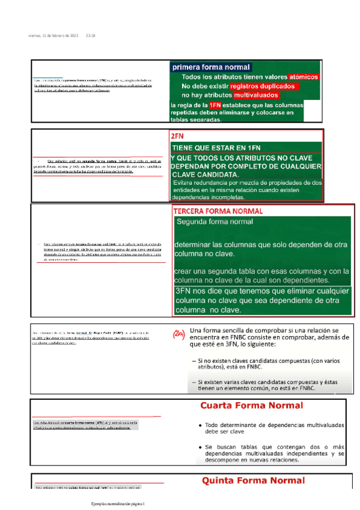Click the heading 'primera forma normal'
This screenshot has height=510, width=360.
(x=210, y=67)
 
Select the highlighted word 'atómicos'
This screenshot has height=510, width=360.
(x=303, y=77)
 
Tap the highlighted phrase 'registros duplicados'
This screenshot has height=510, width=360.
(x=261, y=86)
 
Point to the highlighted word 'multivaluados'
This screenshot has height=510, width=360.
(x=256, y=95)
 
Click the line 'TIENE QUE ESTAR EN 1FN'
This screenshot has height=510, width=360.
(x=216, y=147)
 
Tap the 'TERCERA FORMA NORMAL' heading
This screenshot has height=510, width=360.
(x=218, y=212)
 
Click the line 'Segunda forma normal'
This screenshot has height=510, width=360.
(x=215, y=221)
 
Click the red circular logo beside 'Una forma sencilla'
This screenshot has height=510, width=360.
(x=177, y=334)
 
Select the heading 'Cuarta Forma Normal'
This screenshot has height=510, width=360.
(x=251, y=405)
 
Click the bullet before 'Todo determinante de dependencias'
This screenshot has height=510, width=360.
(x=199, y=425)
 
